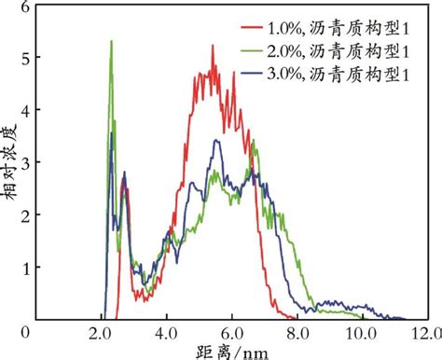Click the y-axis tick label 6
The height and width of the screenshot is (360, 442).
25,7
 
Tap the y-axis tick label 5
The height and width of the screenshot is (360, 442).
25,58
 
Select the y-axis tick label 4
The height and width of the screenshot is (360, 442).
25,110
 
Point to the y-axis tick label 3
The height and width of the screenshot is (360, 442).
25,163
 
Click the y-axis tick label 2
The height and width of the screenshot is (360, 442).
25,215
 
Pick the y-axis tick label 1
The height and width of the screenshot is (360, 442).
25,268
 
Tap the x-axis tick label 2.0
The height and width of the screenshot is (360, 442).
103,334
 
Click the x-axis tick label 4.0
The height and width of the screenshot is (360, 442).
168,334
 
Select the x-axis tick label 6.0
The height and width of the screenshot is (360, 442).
233,334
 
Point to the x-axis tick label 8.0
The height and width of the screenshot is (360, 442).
298,334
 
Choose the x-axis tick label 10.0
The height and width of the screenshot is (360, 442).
361,334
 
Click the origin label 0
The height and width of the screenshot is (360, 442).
25,333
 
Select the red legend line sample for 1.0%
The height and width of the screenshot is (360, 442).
251,27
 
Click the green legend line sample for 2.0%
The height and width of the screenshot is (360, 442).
251,50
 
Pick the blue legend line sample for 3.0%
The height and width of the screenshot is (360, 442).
251,74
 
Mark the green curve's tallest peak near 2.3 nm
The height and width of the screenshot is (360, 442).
112,41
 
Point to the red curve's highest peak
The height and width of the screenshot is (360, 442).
213,46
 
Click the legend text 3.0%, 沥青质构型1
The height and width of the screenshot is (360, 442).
338,74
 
